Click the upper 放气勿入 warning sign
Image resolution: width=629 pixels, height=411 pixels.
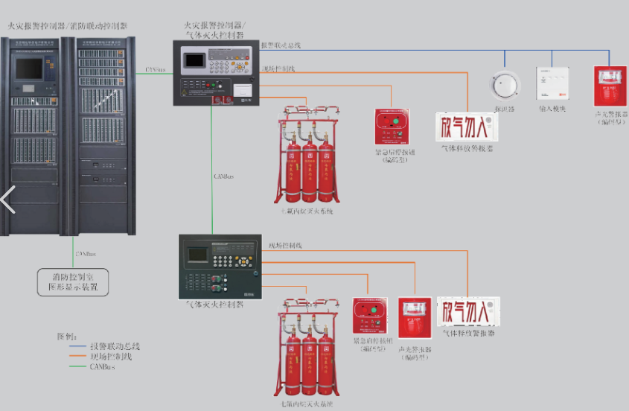pyautogui.click(x=465, y=127)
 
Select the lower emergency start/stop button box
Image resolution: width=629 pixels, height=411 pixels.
pyautogui.click(x=371, y=317)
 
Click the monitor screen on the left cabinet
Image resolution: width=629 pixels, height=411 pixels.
pyautogui.click(x=30, y=68)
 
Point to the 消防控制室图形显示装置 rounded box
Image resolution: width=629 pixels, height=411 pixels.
pyautogui.click(x=73, y=281)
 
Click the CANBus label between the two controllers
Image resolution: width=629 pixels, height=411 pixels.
pyautogui.click(x=224, y=176)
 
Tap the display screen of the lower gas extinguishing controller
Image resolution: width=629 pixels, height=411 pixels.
pyautogui.click(x=198, y=255)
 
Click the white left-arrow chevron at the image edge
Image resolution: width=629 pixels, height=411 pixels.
pyautogui.click(x=7, y=200)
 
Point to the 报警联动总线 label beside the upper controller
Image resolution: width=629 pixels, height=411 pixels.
pyautogui.click(x=281, y=45)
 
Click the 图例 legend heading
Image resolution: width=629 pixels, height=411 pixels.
pyautogui.click(x=66, y=336)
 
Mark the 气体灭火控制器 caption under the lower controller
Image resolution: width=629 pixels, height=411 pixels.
pyautogui.click(x=215, y=305)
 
